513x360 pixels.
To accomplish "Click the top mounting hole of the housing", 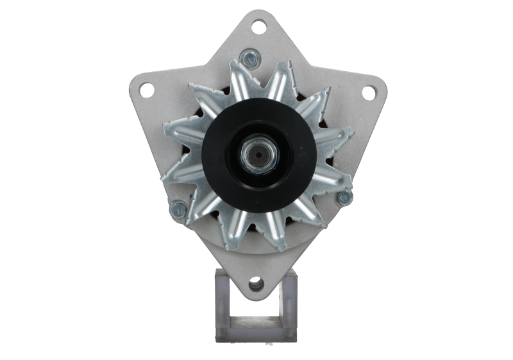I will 258,26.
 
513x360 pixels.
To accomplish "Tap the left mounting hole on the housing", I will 147,90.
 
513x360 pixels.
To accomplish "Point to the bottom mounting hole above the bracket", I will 256,282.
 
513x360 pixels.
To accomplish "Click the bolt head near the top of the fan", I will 249,59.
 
